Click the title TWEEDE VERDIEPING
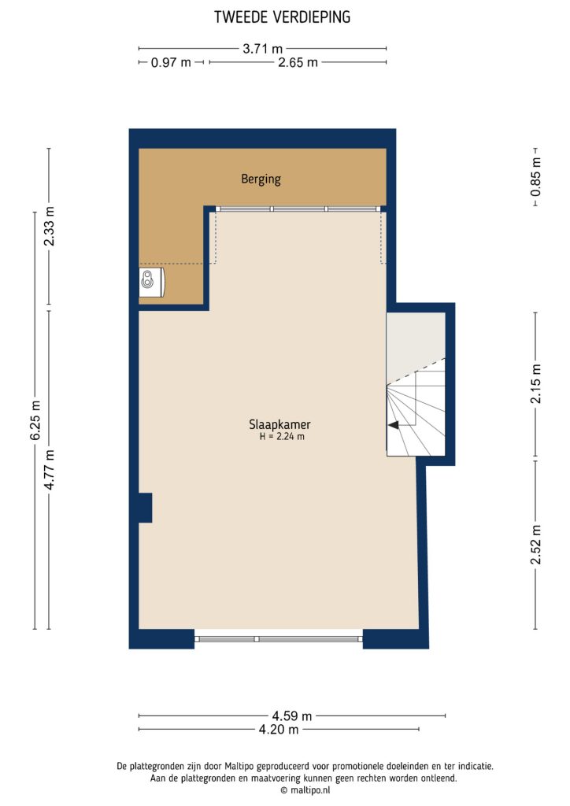tap(283, 17)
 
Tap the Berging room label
tap(261, 179)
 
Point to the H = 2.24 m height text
tap(281, 437)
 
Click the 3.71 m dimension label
tap(263, 48)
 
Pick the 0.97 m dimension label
tap(171, 62)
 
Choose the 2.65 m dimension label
tap(298, 62)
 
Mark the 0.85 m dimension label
tap(535, 178)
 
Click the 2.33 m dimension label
tap(50, 227)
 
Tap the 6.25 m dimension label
tap(35, 421)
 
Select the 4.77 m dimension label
tap(50, 469)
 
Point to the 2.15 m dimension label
tap(536, 384)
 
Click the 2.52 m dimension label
tap(536, 544)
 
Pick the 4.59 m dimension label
tap(292, 715)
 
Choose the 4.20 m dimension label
tap(278, 730)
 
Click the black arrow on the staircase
tap(393, 425)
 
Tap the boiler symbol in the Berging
tap(150, 281)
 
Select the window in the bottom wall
tap(279, 638)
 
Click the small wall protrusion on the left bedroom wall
tap(144, 508)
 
